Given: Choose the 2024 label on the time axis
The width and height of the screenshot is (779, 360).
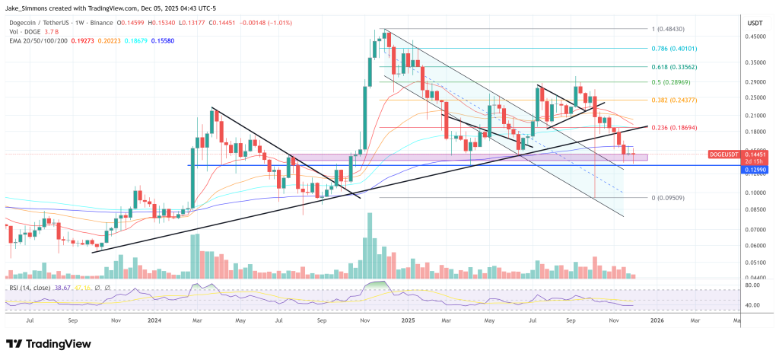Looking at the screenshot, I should point(154,320).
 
